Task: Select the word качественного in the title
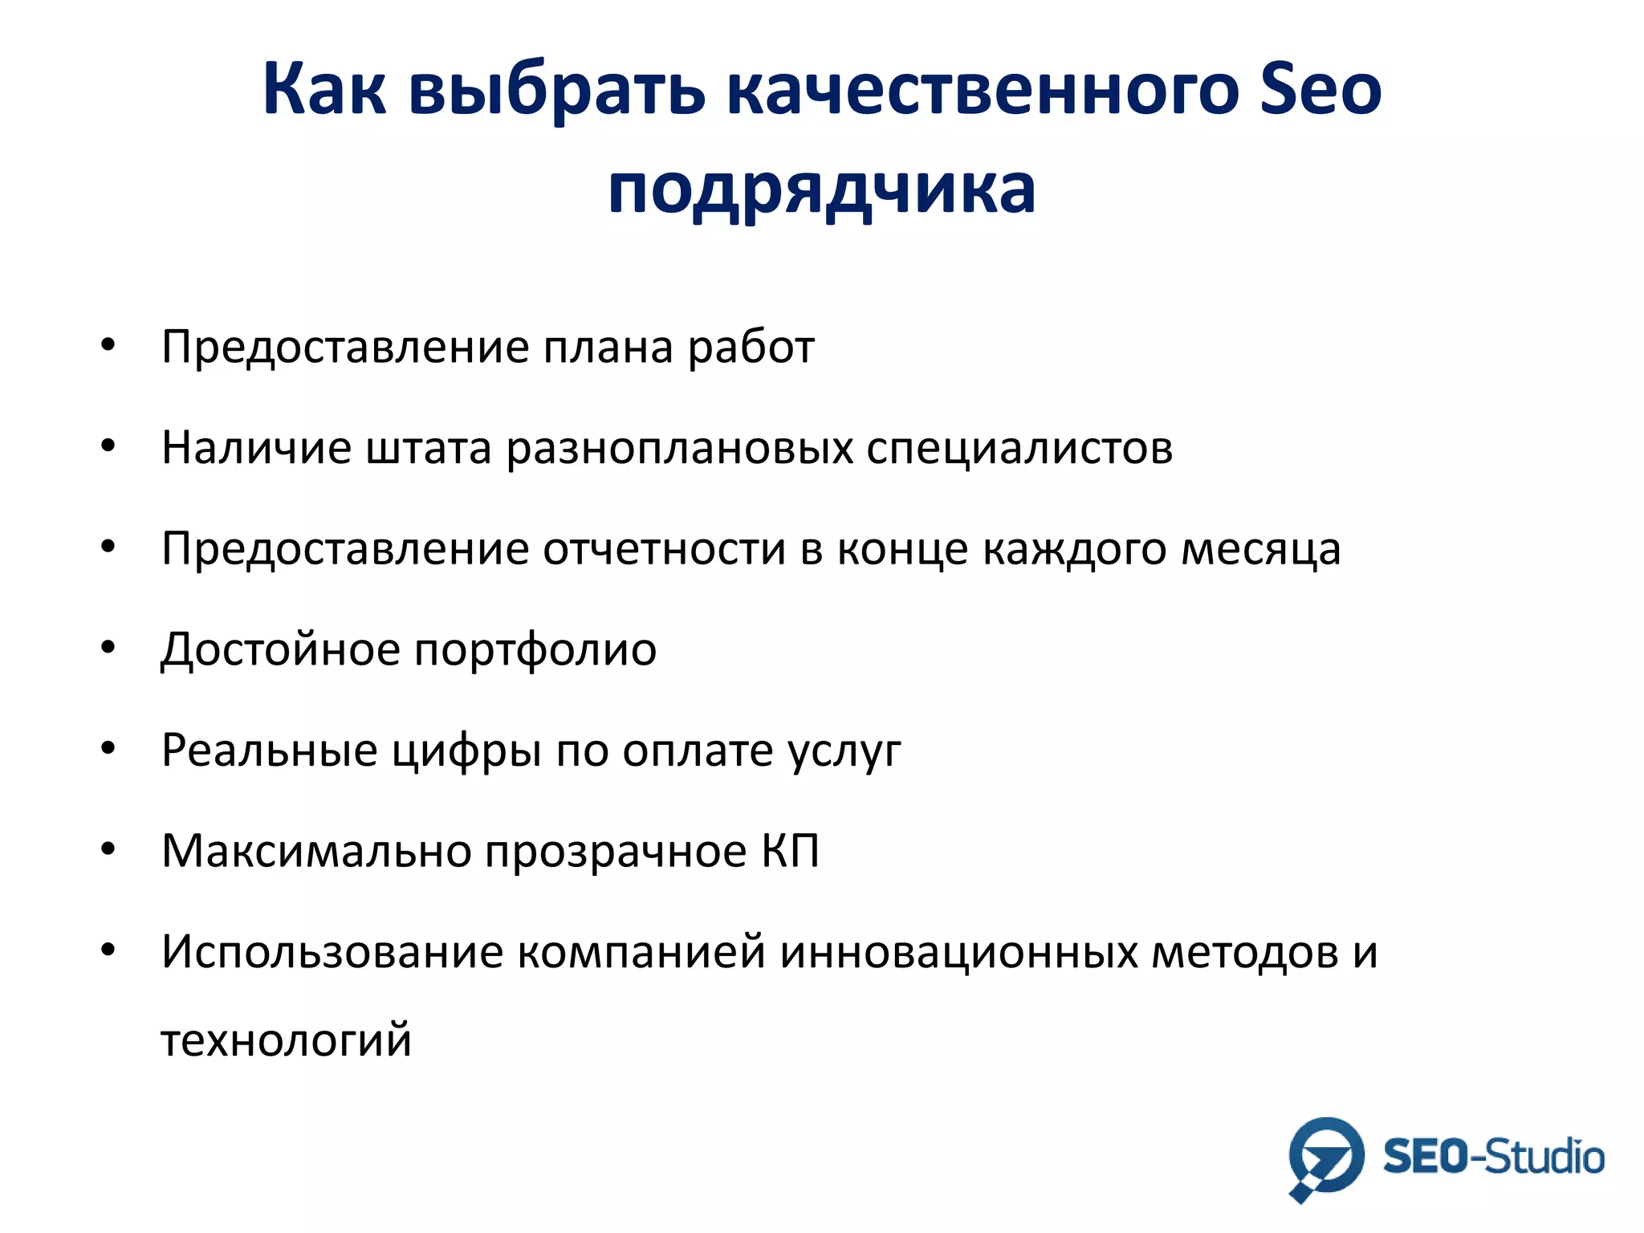click(981, 90)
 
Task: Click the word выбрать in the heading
click(556, 90)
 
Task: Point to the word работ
click(751, 348)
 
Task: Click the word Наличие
click(256, 447)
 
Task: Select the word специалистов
click(1019, 449)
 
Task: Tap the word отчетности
click(664, 549)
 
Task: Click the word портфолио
click(535, 650)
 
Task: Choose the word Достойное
click(280, 650)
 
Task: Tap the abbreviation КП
click(790, 850)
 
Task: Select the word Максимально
click(316, 850)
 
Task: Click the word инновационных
click(958, 953)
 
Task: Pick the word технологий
click(287, 1040)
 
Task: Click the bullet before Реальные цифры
click(108, 748)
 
